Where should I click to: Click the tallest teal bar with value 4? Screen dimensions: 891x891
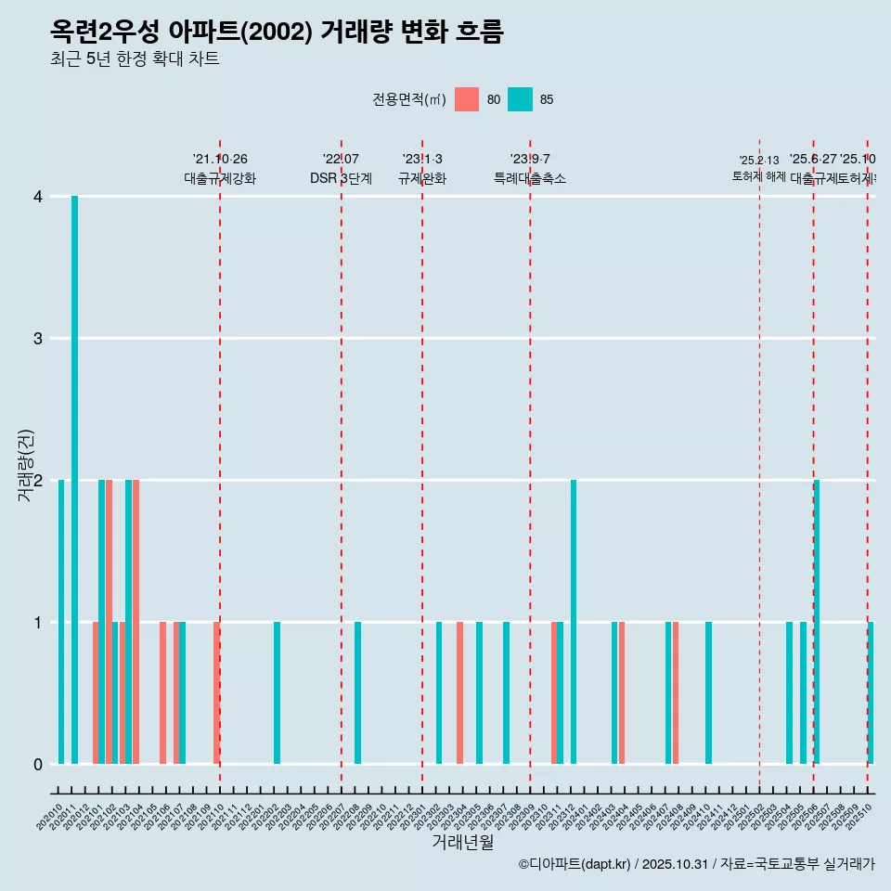[74, 480]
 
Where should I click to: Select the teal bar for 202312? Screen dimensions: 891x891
[574, 622]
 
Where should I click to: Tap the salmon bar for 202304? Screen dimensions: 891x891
[459, 692]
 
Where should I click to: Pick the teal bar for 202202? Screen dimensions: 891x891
[277, 692]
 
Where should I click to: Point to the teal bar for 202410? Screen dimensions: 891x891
[708, 692]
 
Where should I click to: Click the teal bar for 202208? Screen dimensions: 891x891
[357, 692]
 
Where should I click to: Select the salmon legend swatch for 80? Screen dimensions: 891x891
[467, 99]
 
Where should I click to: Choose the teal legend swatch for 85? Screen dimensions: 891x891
[521, 99]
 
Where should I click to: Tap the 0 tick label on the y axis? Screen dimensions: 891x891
[38, 764]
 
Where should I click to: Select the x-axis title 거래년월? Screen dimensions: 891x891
[462, 842]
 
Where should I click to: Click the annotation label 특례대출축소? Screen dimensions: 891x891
[530, 178]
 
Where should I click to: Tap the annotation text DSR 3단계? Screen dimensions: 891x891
[342, 178]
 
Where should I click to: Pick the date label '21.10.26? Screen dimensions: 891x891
[220, 159]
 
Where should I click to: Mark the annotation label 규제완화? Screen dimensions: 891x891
[422, 178]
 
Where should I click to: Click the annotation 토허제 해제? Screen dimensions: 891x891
[759, 176]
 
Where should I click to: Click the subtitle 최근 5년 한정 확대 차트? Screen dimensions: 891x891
[135, 59]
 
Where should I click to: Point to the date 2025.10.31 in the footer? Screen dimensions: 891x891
[675, 864]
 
